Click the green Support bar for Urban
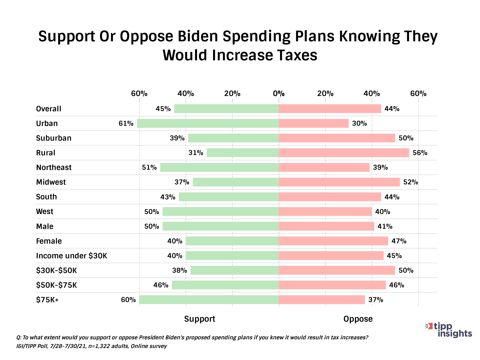point(208,123)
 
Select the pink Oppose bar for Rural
point(344,153)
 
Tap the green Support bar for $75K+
point(209,300)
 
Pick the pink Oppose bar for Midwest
point(339,182)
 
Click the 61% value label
point(126,123)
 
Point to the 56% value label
point(420,153)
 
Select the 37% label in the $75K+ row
point(376,300)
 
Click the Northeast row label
point(54,167)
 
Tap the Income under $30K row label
point(72,256)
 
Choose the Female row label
point(49,241)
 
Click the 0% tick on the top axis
point(279,93)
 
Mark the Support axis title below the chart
point(200,319)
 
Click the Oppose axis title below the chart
point(358,319)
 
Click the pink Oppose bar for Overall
point(330,109)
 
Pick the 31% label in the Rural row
point(196,153)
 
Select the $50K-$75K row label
point(56,285)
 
